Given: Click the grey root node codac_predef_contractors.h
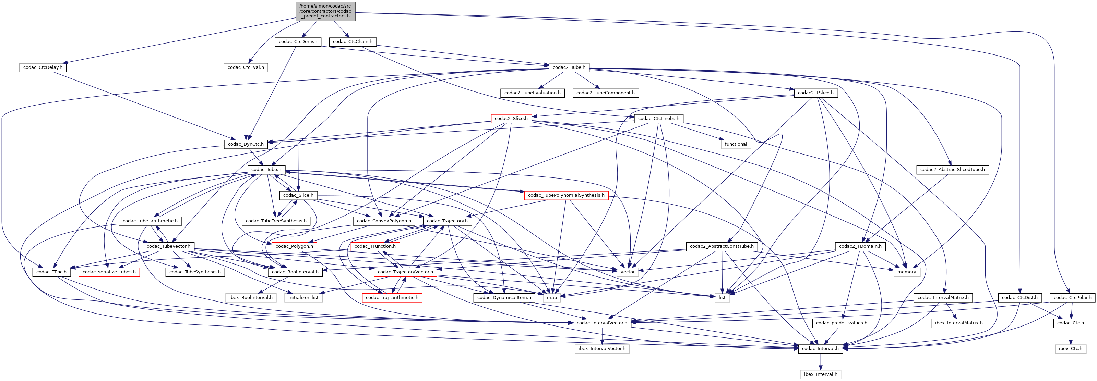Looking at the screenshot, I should coord(325,11).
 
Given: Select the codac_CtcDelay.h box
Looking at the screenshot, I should coord(43,67).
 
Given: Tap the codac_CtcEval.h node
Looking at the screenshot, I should coord(246,67).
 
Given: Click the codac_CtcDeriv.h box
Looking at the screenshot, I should coord(298,42).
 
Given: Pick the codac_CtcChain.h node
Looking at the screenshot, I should coord(353,42).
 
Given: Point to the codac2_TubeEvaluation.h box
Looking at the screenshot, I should coord(532,93).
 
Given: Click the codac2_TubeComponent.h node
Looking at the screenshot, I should coord(606,93).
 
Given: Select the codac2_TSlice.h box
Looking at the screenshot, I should coord(815,93).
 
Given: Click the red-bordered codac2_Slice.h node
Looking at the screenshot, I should coord(511,118).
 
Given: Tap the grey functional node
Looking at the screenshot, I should coord(736,144).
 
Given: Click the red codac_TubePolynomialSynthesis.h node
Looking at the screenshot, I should coord(566,195).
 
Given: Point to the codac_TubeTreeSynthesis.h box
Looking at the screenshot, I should coord(276,221).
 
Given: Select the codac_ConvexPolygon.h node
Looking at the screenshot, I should coord(384,221).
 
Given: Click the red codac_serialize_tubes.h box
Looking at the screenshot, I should coord(109,272).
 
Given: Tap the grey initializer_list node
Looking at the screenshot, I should coord(303,297).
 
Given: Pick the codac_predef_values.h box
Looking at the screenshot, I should coord(842,323).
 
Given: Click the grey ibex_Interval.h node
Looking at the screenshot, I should coord(821,374).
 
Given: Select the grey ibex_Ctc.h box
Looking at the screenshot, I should coord(1070,349).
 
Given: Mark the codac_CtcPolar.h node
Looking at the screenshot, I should coord(1071,297).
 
